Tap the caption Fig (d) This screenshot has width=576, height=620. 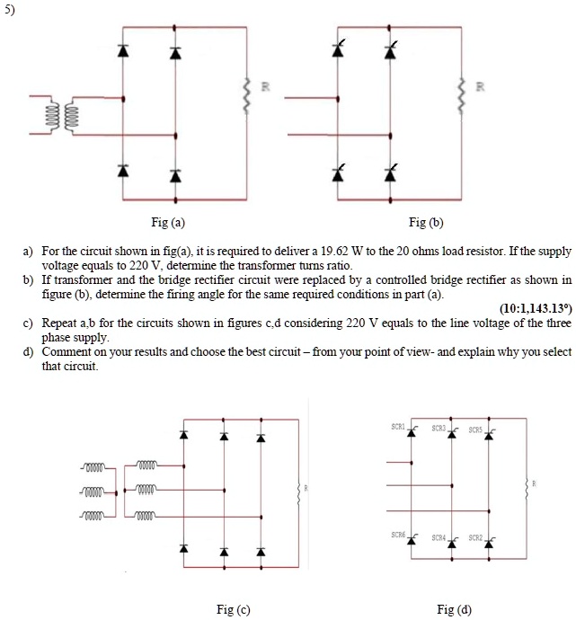(454, 609)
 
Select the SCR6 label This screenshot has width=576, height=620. (398, 535)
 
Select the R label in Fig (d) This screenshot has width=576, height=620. (535, 483)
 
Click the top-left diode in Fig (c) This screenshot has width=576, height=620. (183, 436)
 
